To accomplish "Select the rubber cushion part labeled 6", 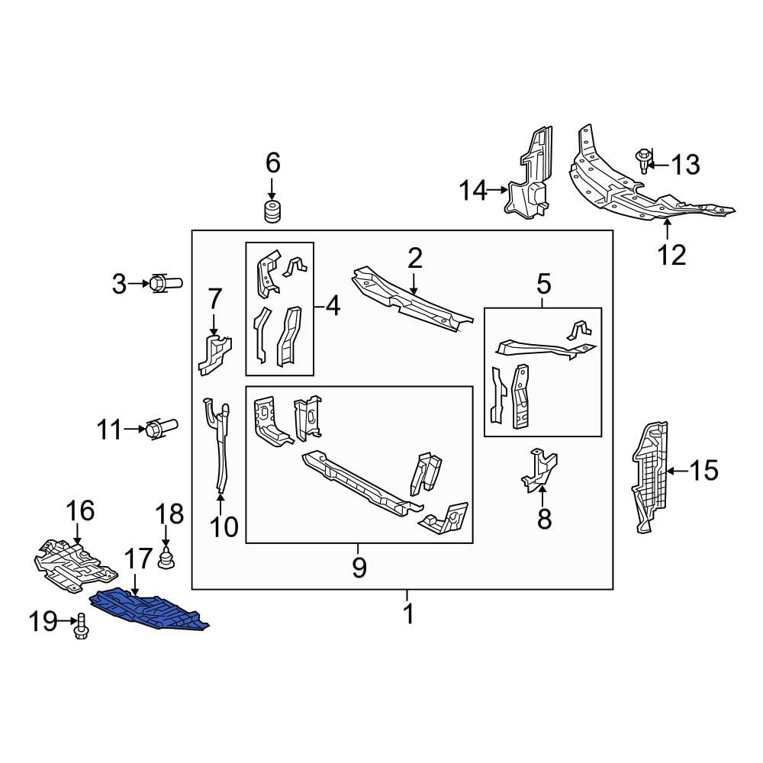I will click(272, 212).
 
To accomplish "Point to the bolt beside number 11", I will click(162, 429).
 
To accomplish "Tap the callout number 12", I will click(672, 254).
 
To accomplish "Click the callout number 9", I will click(359, 567).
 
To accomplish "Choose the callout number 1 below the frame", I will click(408, 613).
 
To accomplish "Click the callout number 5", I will click(543, 285).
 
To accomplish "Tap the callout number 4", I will click(332, 307).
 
